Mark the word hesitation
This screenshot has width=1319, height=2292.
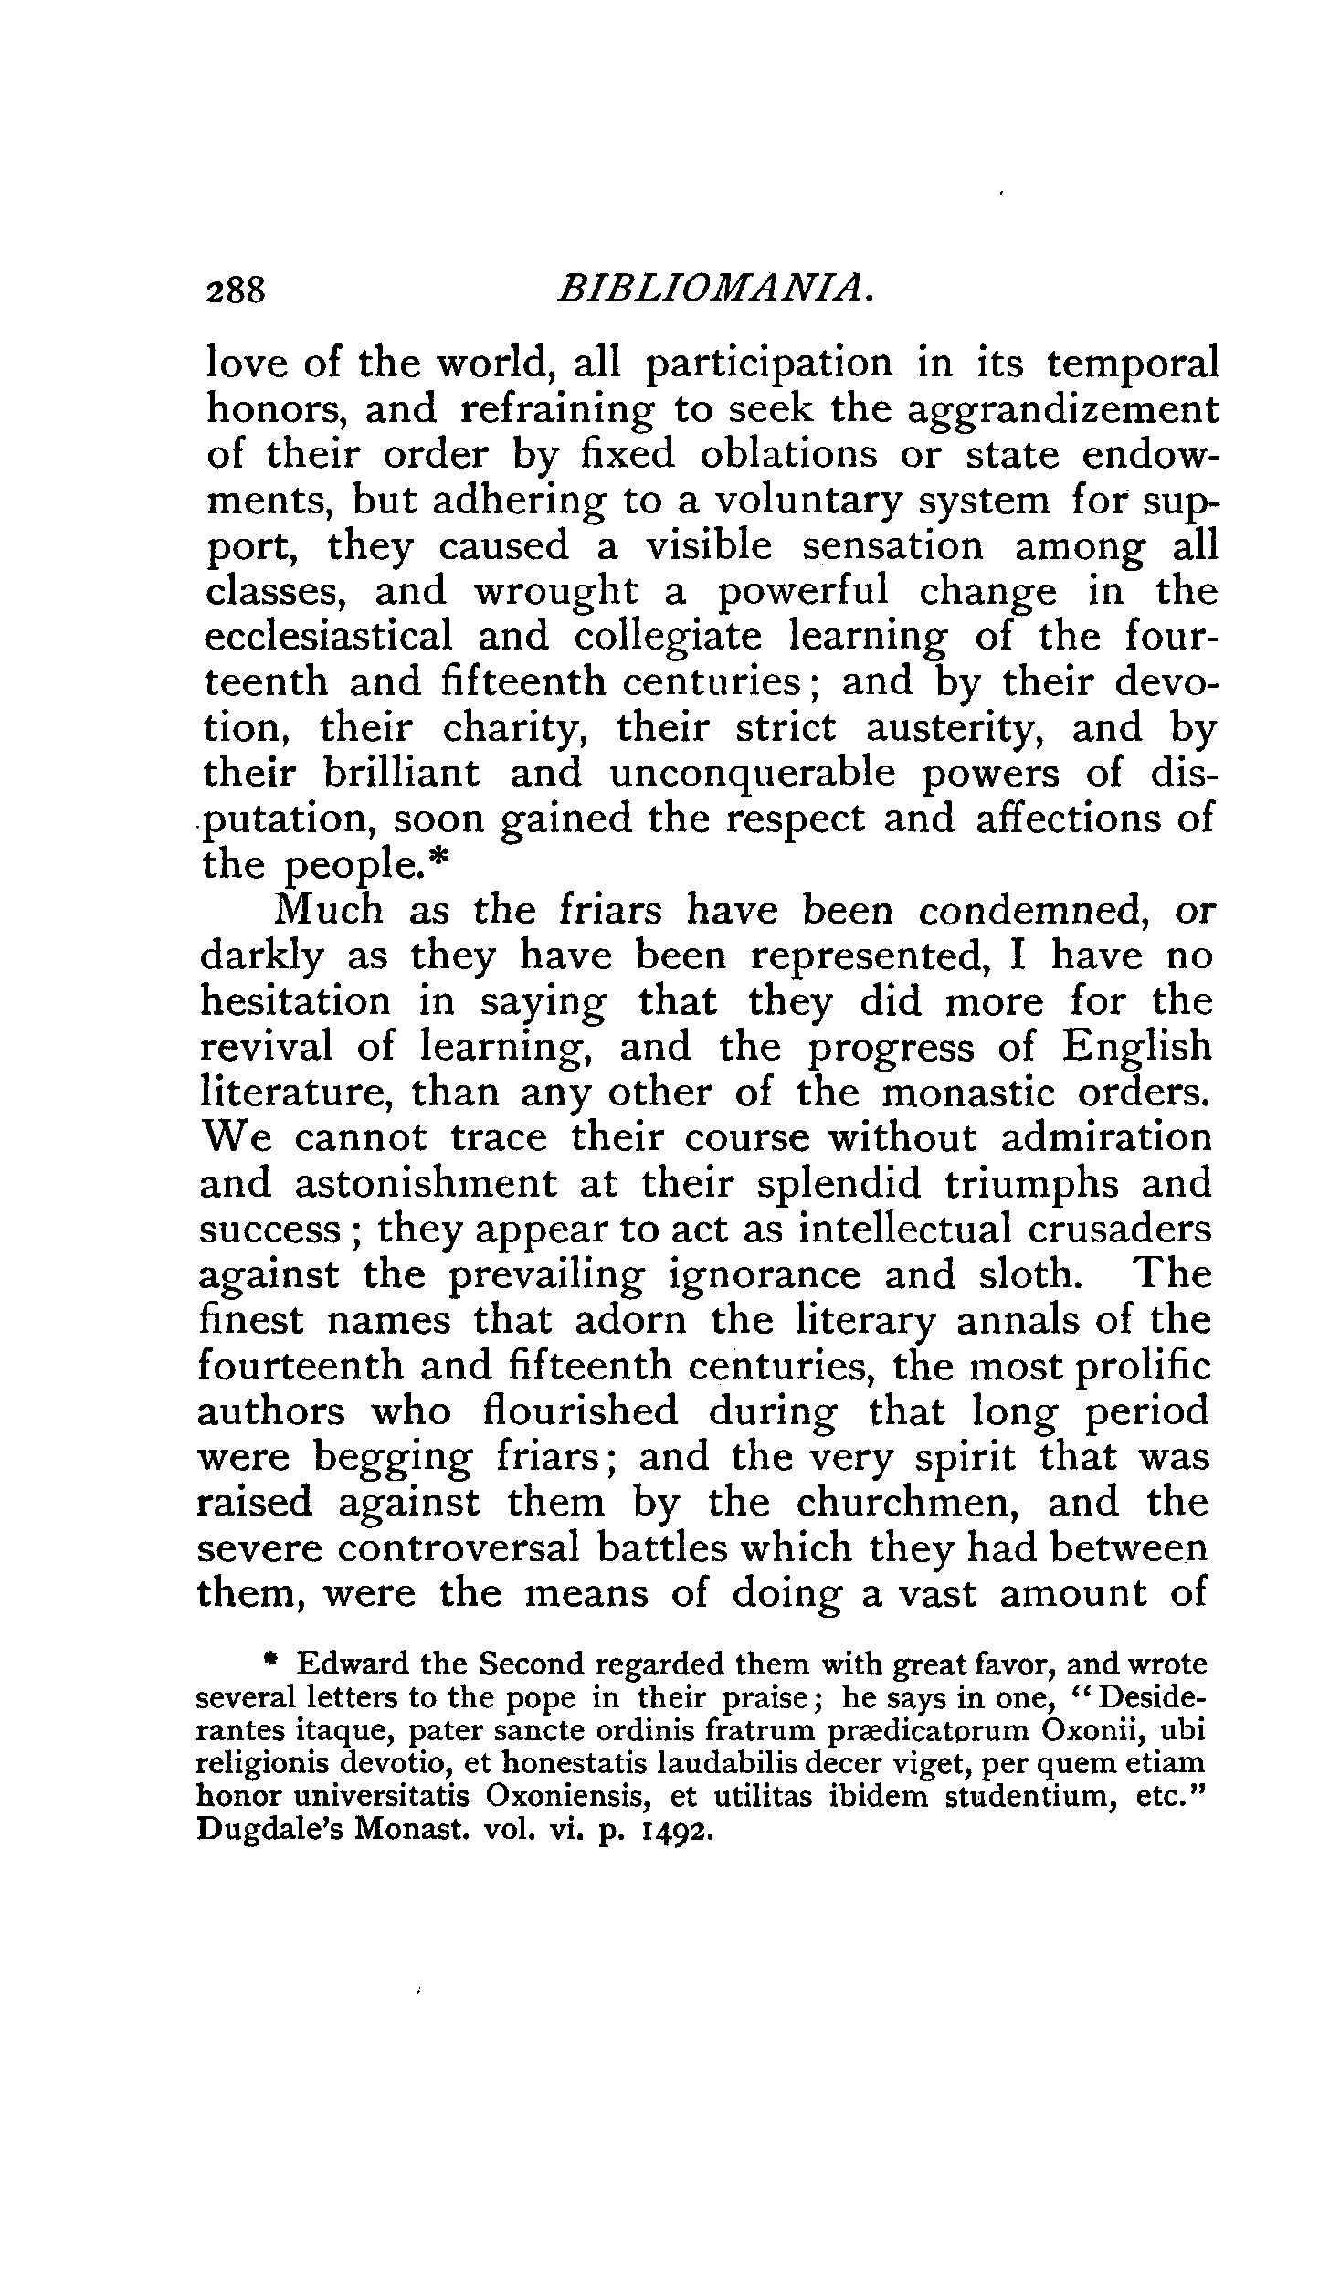click(x=295, y=1001)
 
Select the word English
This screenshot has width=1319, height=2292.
click(x=1136, y=1048)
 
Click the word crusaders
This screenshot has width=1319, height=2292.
click(x=1120, y=1230)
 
